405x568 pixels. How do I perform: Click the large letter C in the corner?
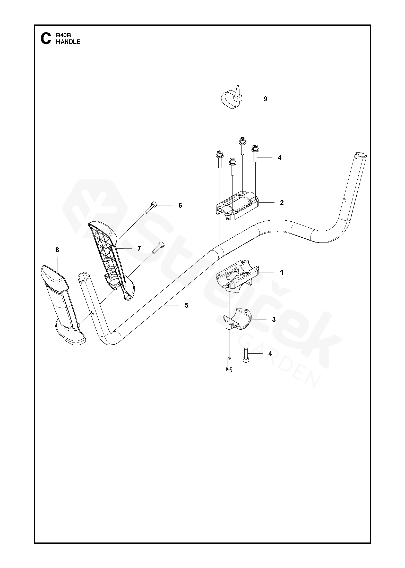coord(46,39)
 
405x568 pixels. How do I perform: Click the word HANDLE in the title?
coord(68,42)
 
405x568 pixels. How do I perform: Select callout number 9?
coord(265,99)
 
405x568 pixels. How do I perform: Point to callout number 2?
coord(282,203)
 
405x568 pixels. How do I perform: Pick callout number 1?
coord(281,272)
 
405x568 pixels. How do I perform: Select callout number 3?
coord(274,320)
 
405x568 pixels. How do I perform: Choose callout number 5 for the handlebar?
coord(187,305)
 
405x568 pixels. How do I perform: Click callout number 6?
coord(180,205)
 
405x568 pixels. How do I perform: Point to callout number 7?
coord(139,248)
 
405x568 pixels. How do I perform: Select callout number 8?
coord(57,250)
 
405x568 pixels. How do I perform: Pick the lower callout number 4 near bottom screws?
coord(270,354)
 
